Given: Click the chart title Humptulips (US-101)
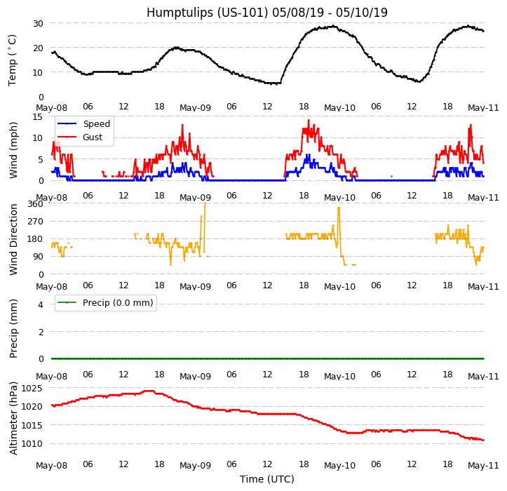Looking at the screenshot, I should coord(266,13).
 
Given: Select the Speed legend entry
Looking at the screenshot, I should coord(96,124).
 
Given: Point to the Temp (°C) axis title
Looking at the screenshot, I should coord(13,60).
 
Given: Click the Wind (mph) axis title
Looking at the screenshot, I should coord(13,149).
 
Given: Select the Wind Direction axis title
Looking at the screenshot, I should coord(13,239).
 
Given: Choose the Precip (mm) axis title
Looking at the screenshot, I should coord(13,328).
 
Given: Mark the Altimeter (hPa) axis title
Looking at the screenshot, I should coord(13,417).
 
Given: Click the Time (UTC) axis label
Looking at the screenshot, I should coord(266,479).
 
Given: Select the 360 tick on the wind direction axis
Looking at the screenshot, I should coord(35,204).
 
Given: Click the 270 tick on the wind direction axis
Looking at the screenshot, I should coord(35,222).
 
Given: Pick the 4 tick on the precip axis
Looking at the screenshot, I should coord(41,304).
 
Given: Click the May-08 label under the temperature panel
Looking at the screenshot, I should coord(51,108).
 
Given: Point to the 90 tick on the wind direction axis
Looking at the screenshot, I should coord(38,257).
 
